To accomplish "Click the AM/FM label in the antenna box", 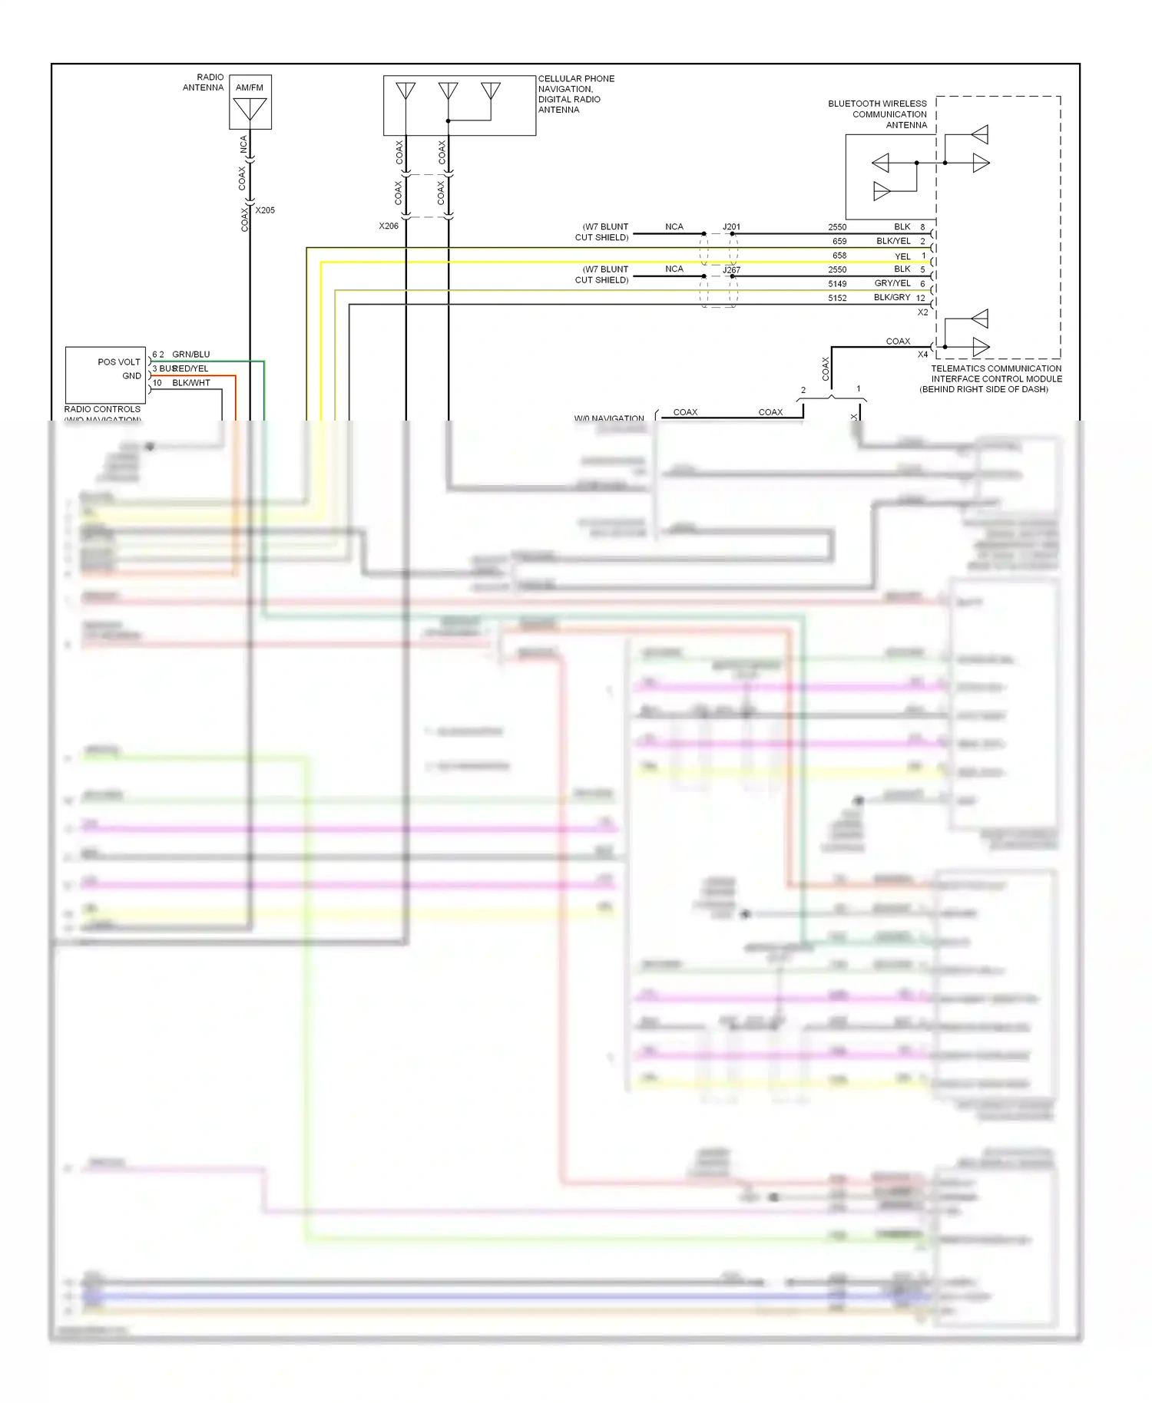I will click(249, 87).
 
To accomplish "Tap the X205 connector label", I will click(265, 210).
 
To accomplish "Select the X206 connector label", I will click(389, 226).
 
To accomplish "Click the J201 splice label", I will click(731, 227).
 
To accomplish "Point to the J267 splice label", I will click(731, 270).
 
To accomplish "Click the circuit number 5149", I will click(837, 284).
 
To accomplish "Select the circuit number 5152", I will click(837, 298).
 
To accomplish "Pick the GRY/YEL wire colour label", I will click(892, 283).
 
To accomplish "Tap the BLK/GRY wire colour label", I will click(892, 297).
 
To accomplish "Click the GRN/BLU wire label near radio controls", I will click(190, 355).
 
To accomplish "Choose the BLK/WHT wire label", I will click(190, 383).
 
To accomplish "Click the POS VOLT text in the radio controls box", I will click(119, 362).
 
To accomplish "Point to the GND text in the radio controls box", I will click(131, 376).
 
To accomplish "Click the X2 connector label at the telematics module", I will click(922, 312).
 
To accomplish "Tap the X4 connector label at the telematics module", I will click(922, 355).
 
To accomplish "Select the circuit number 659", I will click(839, 241).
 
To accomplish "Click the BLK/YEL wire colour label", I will click(893, 241).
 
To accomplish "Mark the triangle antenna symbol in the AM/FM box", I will click(250, 109).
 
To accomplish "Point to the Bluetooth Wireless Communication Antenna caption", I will click(877, 114).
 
